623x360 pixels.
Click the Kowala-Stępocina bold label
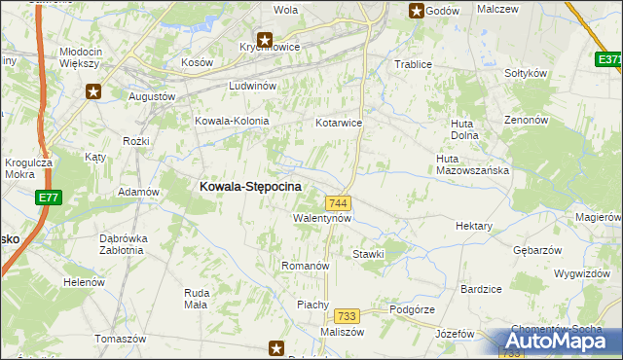tap(250, 186)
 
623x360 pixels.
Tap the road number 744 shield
tap(339, 202)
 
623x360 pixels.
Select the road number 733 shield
tap(347, 316)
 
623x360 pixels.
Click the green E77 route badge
tap(49, 198)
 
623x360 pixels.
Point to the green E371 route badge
tap(609, 60)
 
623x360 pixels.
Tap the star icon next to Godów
tap(417, 11)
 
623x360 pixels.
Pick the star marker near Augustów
tap(93, 92)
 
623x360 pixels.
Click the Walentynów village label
tap(322, 219)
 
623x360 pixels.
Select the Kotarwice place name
tap(339, 124)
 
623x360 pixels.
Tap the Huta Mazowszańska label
tap(473, 164)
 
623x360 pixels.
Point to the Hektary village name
tap(474, 226)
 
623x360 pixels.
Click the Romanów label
tap(306, 266)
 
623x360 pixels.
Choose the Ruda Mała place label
tap(196, 298)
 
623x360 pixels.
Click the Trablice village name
tap(412, 64)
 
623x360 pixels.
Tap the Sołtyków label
tap(527, 73)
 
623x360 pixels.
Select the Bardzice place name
tap(481, 289)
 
